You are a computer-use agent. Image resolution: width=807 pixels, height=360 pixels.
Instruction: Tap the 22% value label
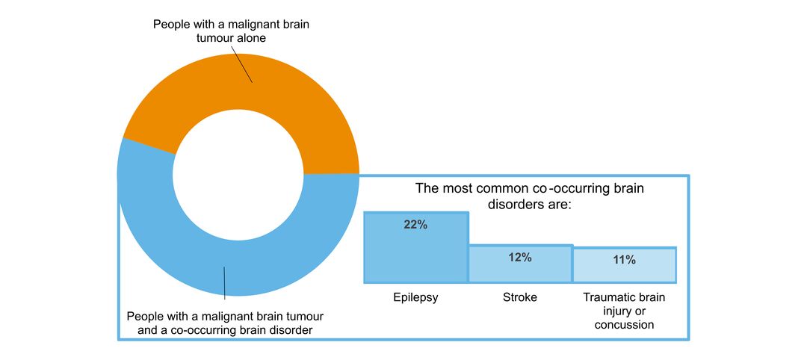[415, 225]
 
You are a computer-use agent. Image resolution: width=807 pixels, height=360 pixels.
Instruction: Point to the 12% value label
[520, 258]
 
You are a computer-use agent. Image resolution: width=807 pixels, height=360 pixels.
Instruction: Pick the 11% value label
[624, 260]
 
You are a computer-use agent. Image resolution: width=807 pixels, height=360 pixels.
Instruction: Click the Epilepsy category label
[415, 297]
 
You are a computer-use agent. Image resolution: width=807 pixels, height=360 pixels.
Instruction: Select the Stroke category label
[520, 297]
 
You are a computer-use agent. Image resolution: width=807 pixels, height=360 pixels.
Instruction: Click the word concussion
[624, 325]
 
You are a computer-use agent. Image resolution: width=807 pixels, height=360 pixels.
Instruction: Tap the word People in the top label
[171, 25]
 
